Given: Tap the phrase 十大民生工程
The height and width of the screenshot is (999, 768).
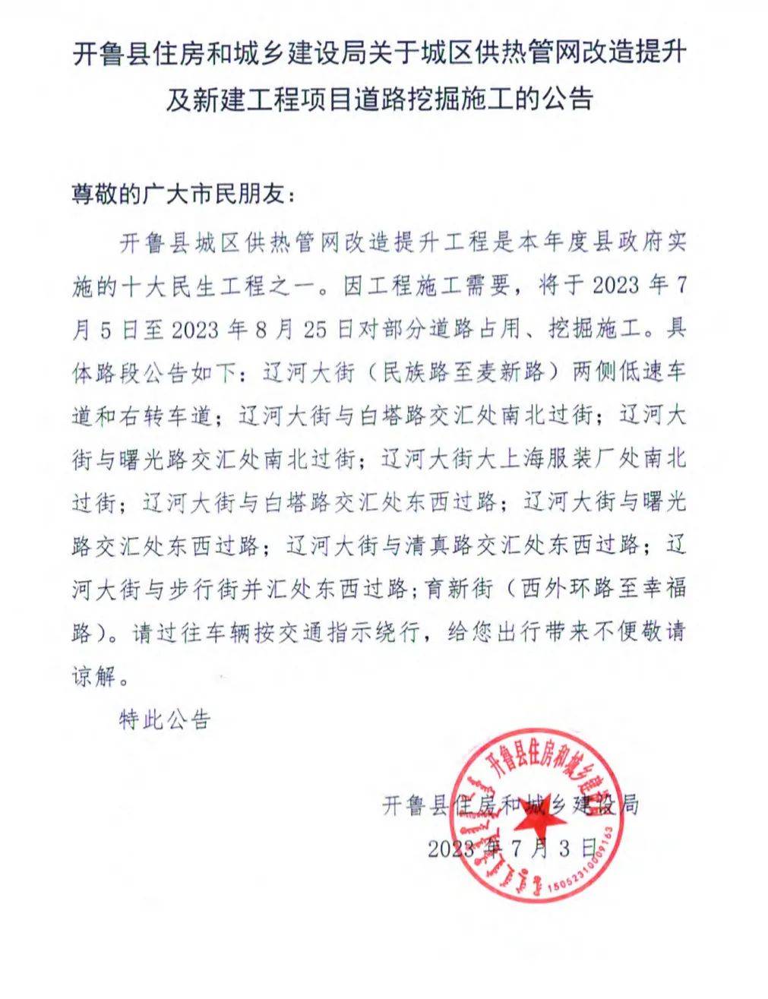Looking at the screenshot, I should (194, 286).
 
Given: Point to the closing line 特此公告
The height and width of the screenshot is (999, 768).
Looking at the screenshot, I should (164, 719).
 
